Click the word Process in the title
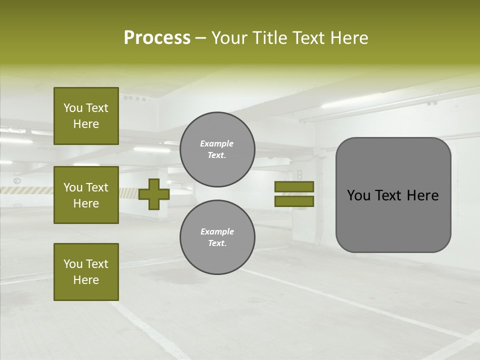pyautogui.click(x=157, y=38)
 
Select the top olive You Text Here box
pyautogui.click(x=86, y=116)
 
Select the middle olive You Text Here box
pyautogui.click(x=86, y=195)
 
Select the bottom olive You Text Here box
pyautogui.click(x=86, y=271)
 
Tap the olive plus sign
pyautogui.click(x=153, y=194)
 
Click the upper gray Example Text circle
pyautogui.click(x=217, y=149)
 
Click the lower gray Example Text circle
pyautogui.click(x=217, y=237)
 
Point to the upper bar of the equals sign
pyautogui.click(x=294, y=187)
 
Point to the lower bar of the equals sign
pyautogui.click(x=294, y=201)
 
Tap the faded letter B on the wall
pyautogui.click(x=299, y=175)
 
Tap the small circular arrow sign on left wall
pyautogui.click(x=17, y=180)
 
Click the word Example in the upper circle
pyautogui.click(x=216, y=143)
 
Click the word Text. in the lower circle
pyautogui.click(x=217, y=243)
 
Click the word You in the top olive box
pyautogui.click(x=73, y=108)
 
